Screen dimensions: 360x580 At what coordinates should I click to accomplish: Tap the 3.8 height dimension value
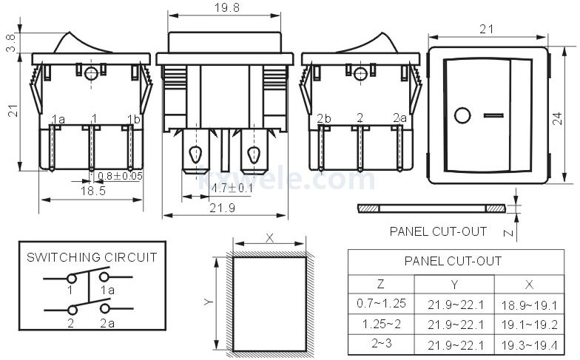pyautogui.click(x=10, y=43)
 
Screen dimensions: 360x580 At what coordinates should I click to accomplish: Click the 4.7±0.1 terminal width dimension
pyautogui.click(x=232, y=188)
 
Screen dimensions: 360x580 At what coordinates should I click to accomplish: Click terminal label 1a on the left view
pyautogui.click(x=58, y=119)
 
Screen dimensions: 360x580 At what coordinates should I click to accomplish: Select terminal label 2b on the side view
pyautogui.click(x=323, y=119)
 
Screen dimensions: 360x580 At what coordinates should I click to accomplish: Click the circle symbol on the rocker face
pyautogui.click(x=462, y=116)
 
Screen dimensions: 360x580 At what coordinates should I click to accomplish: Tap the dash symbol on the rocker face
pyautogui.click(x=492, y=116)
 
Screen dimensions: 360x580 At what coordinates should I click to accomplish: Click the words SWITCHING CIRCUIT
pyautogui.click(x=92, y=257)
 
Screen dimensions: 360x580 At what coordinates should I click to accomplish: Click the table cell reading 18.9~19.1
pyautogui.click(x=529, y=305)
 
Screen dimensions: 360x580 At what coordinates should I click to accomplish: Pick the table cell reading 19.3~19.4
pyautogui.click(x=529, y=344)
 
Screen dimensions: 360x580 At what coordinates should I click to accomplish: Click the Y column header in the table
pyautogui.click(x=453, y=285)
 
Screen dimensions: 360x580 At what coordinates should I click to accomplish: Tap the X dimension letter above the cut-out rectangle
pyautogui.click(x=269, y=239)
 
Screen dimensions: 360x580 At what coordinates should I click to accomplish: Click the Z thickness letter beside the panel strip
pyautogui.click(x=506, y=232)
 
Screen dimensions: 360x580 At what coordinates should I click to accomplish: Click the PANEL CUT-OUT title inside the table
pyautogui.click(x=453, y=261)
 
